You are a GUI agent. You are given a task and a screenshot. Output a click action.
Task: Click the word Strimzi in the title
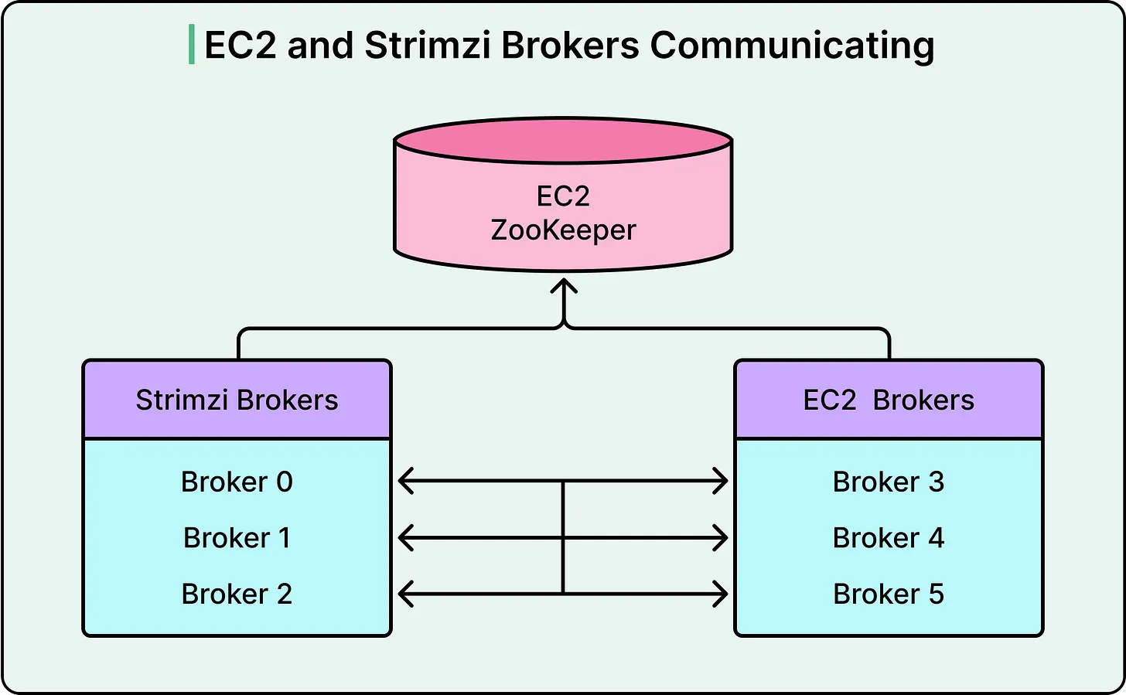428,46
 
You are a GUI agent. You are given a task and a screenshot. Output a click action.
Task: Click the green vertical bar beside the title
191,45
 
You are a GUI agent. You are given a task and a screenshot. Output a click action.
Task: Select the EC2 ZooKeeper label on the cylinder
563,213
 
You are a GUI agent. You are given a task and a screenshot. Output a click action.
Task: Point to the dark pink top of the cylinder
563,141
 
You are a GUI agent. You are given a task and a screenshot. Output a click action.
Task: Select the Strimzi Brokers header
237,400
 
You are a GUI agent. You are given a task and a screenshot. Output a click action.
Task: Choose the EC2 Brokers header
889,400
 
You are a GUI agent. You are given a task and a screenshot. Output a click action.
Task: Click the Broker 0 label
237,482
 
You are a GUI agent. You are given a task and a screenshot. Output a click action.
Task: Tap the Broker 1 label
237,537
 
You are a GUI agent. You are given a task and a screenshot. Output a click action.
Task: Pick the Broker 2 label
237,594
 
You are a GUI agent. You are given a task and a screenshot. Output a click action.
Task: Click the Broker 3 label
889,482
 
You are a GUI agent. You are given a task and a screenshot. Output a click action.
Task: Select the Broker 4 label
889,537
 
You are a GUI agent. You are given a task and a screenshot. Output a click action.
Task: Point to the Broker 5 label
889,594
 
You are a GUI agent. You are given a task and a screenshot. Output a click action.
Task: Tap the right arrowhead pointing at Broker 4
721,537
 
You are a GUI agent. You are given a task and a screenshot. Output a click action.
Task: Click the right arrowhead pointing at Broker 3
721,481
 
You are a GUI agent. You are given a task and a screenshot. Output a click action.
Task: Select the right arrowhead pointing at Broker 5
721,594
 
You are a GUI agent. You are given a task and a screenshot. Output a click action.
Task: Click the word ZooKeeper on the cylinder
563,230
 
